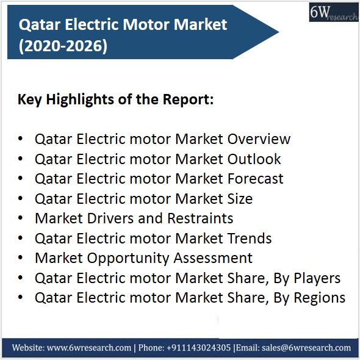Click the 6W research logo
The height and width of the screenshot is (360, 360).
tap(334, 12)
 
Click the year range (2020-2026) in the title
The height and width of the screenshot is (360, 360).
tap(63, 46)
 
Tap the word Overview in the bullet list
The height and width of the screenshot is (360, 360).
tap(259, 139)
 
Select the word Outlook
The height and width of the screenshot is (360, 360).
tap(254, 159)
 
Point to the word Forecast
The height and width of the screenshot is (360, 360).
tap(255, 179)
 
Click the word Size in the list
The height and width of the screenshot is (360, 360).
tap(240, 198)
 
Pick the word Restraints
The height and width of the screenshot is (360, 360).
tap(200, 218)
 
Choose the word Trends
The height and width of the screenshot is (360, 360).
tap(250, 238)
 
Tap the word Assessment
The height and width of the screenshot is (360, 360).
tap(213, 258)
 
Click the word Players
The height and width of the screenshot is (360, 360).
tap(317, 278)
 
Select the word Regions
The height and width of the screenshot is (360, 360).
tap(320, 298)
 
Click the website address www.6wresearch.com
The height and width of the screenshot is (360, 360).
tap(89, 348)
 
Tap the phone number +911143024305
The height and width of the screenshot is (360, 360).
tap(198, 348)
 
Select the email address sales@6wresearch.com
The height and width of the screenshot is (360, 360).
tap(306, 348)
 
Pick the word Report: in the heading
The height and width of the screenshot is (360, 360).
tap(188, 100)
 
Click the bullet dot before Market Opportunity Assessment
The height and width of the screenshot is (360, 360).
tap(20, 258)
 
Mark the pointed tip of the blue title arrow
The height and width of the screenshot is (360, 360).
tap(279, 32)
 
